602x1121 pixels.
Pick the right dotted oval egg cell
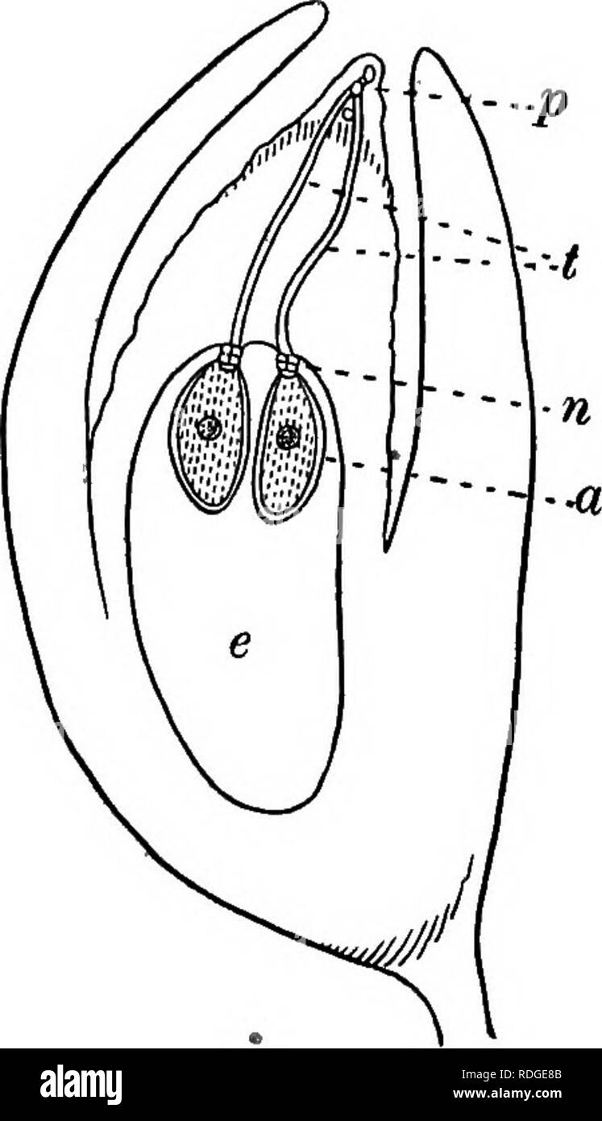pos(289,441)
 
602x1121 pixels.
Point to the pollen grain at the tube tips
pos(368,74)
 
